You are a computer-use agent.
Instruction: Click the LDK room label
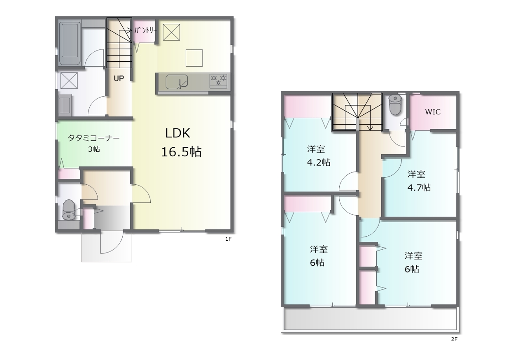click(177, 133)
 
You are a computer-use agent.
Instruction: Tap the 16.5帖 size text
click(182, 152)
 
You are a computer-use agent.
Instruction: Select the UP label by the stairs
click(119, 78)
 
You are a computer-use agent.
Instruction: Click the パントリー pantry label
click(145, 30)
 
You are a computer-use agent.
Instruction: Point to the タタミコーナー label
click(93, 138)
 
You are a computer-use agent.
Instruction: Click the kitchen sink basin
click(177, 82)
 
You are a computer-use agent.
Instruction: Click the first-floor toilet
click(68, 210)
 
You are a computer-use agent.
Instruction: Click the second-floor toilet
click(395, 105)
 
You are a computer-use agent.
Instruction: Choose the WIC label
click(433, 112)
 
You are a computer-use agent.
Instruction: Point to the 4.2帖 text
click(319, 162)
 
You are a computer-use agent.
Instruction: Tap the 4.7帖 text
click(419, 188)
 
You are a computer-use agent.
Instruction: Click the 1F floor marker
click(229, 239)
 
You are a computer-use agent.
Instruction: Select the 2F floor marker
click(454, 339)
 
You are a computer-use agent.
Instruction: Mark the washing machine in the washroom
click(65, 105)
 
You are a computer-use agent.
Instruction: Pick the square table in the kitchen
click(194, 58)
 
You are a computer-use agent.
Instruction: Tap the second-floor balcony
click(370, 319)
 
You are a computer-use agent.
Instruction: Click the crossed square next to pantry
click(172, 32)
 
